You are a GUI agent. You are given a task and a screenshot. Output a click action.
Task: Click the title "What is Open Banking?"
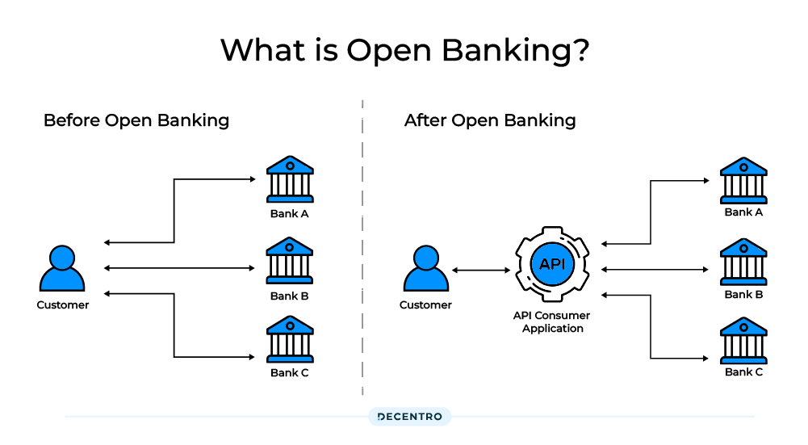click(404, 50)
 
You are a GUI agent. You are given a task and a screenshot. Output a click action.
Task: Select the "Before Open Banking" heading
click(136, 121)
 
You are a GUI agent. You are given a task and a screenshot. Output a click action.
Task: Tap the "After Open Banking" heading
click(490, 121)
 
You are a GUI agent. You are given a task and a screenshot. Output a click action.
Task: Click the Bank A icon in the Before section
click(290, 179)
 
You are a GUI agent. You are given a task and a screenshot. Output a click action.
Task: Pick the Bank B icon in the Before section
click(290, 261)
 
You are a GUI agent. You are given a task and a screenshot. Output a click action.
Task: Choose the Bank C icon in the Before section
click(290, 339)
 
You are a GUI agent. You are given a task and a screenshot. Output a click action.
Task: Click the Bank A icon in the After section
click(743, 180)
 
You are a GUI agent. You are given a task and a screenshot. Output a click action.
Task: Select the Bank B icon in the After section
click(743, 262)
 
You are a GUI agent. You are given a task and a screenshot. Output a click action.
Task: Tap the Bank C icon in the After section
click(743, 340)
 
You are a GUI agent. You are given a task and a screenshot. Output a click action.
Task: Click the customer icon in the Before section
click(62, 270)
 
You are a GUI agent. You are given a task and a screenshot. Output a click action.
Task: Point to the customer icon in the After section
click(425, 270)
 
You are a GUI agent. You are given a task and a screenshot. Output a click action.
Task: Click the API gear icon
click(552, 264)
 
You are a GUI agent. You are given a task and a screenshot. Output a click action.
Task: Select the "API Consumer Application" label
click(552, 322)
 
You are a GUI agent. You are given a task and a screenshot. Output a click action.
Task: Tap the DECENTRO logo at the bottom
click(410, 417)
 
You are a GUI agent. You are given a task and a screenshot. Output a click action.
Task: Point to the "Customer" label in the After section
click(425, 305)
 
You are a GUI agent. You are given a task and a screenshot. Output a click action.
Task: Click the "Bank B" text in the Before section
click(290, 296)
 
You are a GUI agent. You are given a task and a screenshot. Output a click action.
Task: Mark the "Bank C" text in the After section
click(743, 372)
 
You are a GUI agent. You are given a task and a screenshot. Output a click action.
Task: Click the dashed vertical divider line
click(362, 242)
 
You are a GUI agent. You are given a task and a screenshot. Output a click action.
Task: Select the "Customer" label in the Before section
click(63, 305)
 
